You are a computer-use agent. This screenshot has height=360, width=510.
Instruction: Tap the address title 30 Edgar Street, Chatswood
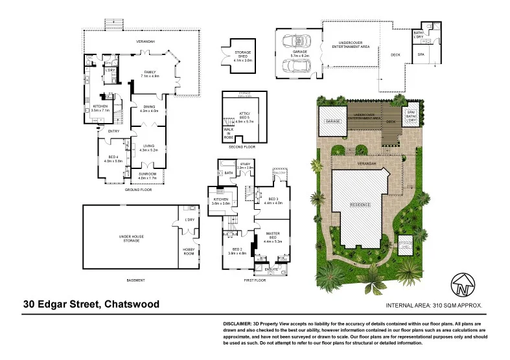pos(91,304)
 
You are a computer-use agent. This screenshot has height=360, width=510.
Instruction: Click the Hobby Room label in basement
pos(189,251)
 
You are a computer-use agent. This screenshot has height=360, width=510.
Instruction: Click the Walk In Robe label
pos(228,135)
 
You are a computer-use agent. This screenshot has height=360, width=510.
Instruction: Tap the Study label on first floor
pos(245,165)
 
